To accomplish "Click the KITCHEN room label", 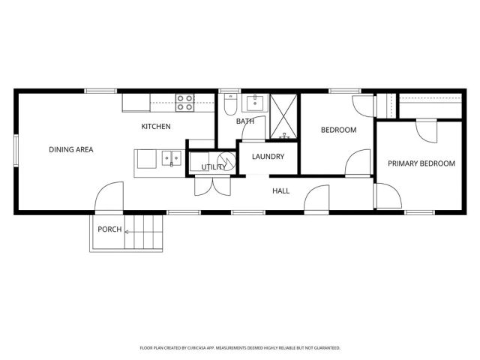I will pos(156,126).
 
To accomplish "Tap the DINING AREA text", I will pos(70,150).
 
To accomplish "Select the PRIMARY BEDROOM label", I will pos(421,163).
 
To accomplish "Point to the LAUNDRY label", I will pos(268,157).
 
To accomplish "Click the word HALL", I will pos(280,191).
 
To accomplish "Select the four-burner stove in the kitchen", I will pos(184,99).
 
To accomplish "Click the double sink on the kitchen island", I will pos(172,157).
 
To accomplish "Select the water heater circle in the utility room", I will pos(224,160).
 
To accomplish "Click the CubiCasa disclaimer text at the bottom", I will pos(240,348).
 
